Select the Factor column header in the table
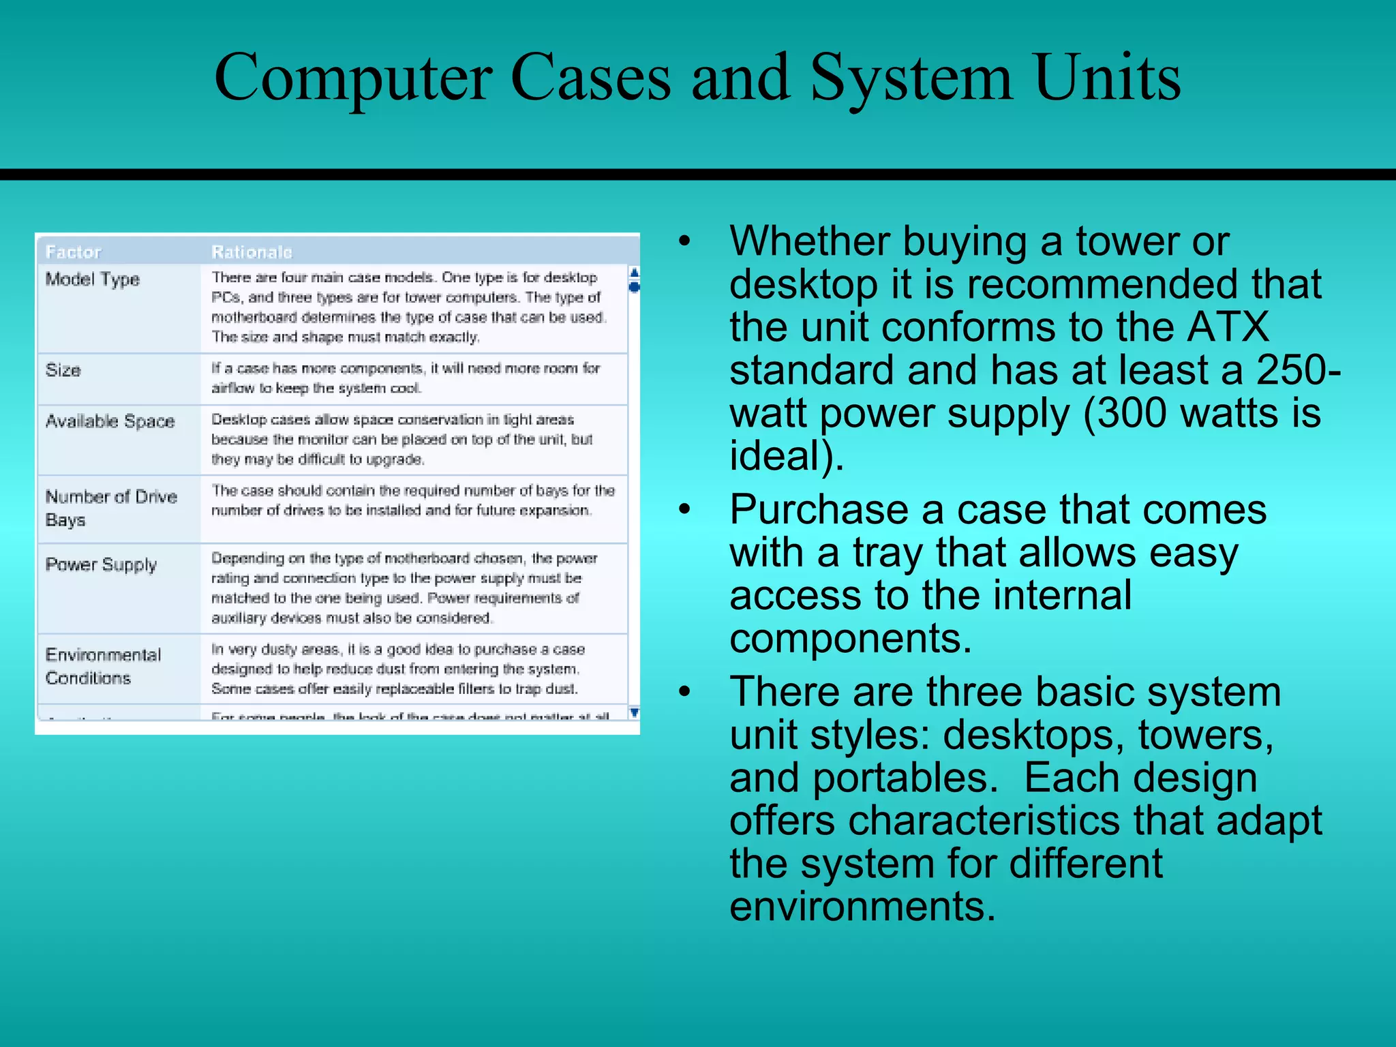point(73,252)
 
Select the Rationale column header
point(252,252)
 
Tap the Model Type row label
point(92,279)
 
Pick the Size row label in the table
point(63,370)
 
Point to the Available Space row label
point(110,421)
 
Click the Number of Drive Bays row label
point(110,508)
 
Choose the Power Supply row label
point(101,564)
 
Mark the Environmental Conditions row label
point(103,666)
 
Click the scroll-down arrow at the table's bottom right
point(634,713)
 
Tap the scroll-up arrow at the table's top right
point(634,273)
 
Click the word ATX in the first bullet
point(1228,327)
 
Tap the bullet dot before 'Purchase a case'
point(684,509)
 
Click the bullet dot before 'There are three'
point(684,692)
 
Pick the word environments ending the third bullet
point(863,907)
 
